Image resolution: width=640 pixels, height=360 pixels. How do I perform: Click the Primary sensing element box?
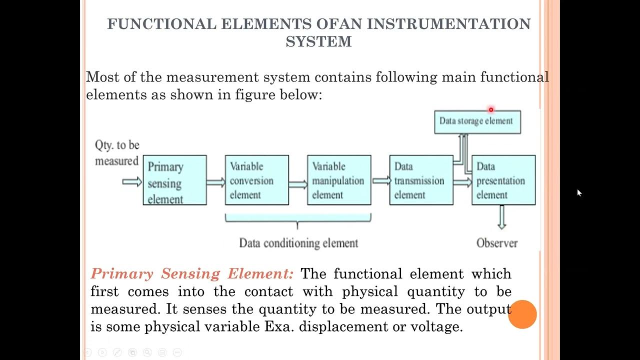click(174, 180)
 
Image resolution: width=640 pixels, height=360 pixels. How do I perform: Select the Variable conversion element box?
click(256, 180)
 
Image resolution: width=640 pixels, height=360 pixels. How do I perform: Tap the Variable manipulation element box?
click(339, 180)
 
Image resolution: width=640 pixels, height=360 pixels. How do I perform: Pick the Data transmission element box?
click(421, 180)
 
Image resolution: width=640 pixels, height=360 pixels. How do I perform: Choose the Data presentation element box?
click(503, 180)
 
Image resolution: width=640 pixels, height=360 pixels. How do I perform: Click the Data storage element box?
click(477, 121)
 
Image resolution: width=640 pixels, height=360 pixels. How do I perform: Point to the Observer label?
click(496, 243)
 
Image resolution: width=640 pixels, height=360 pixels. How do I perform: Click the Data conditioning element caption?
click(298, 243)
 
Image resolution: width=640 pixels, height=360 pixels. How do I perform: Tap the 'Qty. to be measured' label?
click(117, 153)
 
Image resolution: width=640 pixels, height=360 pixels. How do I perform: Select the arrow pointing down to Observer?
click(501, 217)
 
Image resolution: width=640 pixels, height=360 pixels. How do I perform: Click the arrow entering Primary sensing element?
click(132, 182)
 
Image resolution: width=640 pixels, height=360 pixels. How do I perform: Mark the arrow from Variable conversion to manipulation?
click(298, 184)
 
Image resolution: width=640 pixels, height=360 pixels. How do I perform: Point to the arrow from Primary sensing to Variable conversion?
click(215, 182)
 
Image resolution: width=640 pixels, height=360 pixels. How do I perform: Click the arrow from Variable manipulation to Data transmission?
click(381, 181)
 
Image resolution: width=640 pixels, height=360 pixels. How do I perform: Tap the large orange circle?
click(522, 314)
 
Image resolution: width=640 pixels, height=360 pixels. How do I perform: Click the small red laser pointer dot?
click(491, 109)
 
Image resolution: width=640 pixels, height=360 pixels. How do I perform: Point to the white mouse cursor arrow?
click(579, 192)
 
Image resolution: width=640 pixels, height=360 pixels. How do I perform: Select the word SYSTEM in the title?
click(318, 41)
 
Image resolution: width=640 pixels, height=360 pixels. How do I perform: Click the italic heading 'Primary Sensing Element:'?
click(192, 274)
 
